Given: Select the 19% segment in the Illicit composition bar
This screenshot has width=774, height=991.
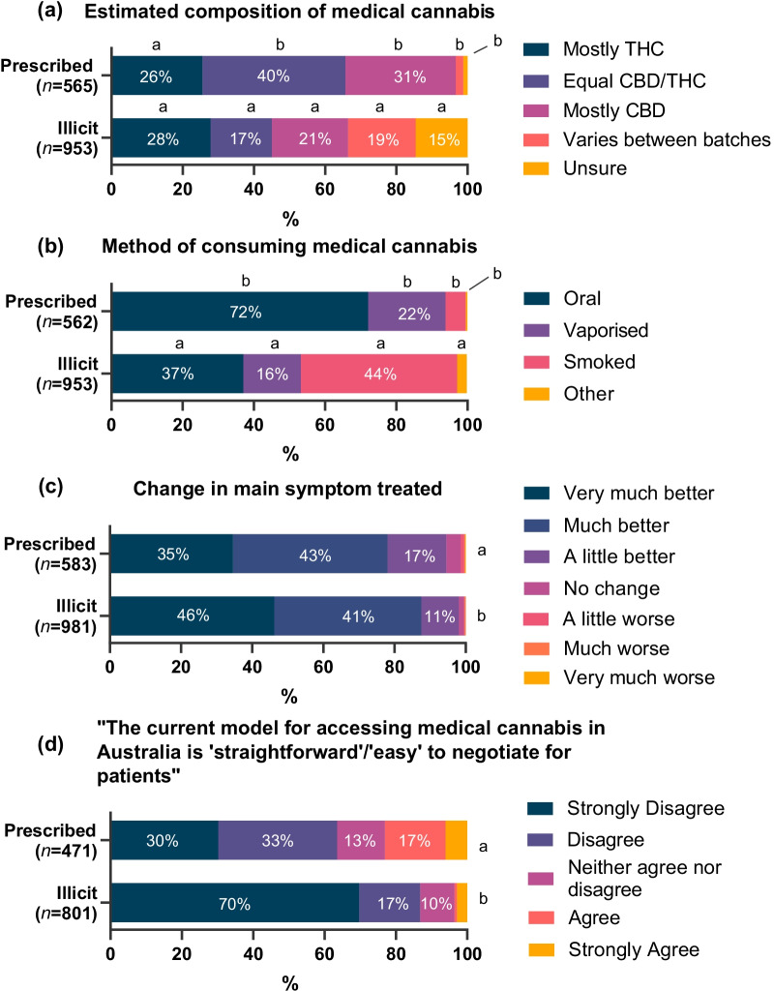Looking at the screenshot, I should pyautogui.click(x=381, y=138).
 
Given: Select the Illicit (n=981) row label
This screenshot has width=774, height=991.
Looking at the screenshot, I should pyautogui.click(x=55, y=616).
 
